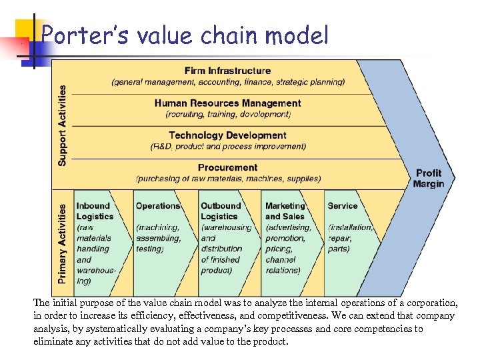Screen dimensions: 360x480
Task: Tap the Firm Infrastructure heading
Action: pos(227,71)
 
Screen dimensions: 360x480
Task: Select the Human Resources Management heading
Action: pos(227,103)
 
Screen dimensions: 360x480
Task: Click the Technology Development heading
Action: pos(227,135)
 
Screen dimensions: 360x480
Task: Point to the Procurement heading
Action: pos(227,167)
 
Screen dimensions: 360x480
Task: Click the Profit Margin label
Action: pos(428,178)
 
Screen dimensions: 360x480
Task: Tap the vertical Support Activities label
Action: pos(62,125)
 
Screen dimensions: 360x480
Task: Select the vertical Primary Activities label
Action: pos(62,243)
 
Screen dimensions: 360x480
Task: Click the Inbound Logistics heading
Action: pos(95,211)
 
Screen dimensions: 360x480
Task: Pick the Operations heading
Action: pos(158,206)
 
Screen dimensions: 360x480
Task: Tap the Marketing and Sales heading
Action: pos(285,211)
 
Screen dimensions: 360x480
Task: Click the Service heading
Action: pos(343,206)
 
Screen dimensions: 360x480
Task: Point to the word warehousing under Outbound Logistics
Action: pos(227,227)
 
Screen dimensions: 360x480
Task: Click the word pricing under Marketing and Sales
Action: pos(279,249)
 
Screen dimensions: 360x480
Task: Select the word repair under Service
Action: pos(340,238)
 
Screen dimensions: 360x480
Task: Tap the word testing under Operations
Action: pos(149,249)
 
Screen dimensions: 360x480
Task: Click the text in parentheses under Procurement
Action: pos(228,179)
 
